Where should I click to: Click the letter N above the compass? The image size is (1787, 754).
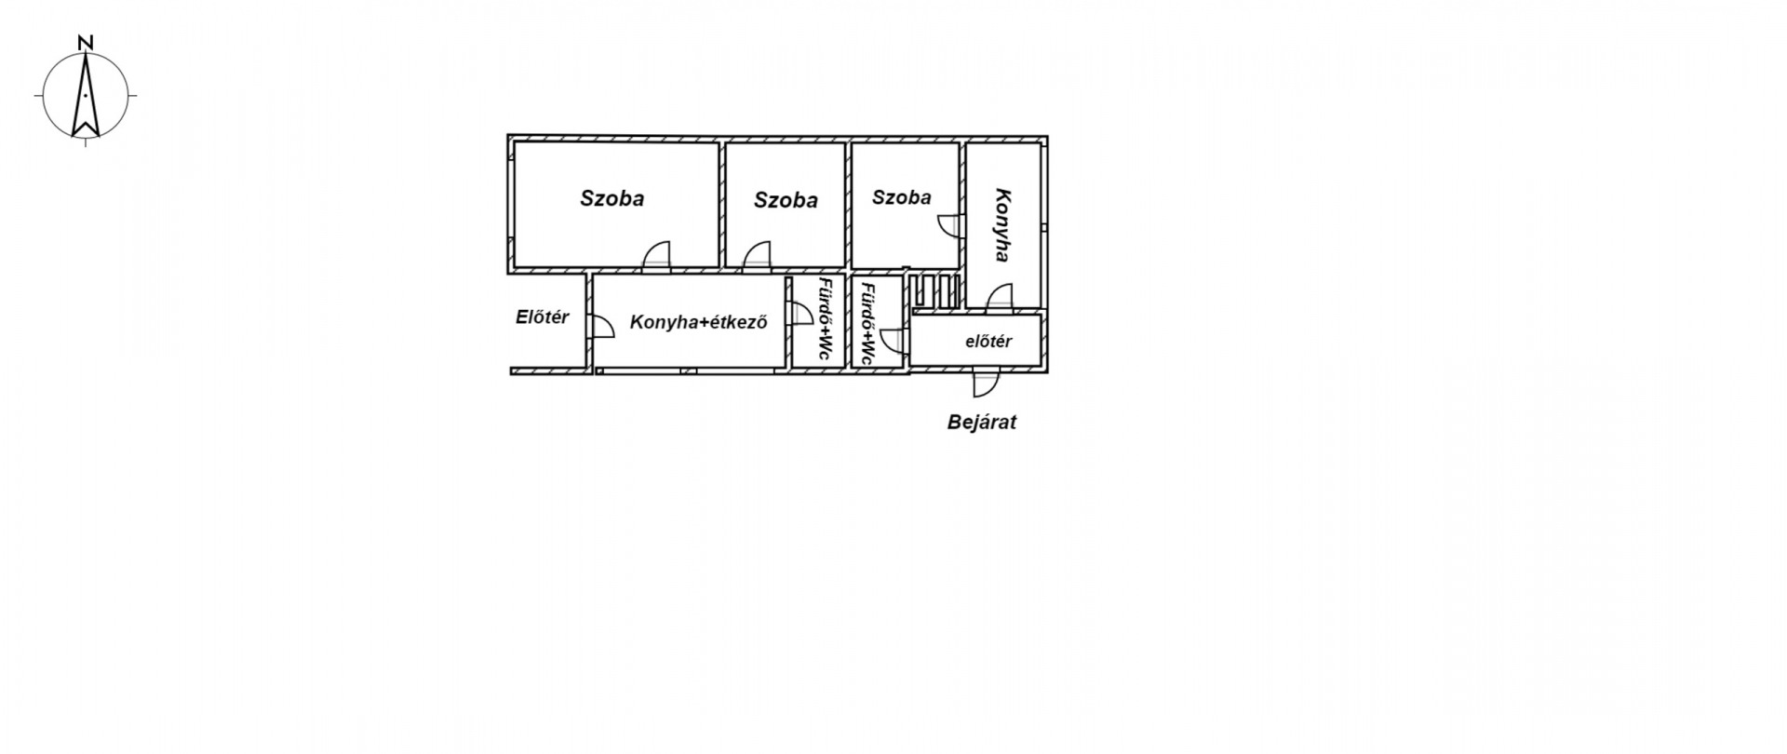86,42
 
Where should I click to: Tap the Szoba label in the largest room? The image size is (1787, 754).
611,198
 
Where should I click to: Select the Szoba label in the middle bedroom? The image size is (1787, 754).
786,200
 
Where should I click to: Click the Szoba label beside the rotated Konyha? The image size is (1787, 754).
901,197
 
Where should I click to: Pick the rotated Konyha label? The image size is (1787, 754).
1002,225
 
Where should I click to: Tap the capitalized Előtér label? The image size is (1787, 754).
542,316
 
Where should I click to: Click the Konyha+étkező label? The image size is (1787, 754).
698,323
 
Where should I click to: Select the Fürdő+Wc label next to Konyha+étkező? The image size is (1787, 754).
825,319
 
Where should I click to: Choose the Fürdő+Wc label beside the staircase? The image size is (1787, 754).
867,323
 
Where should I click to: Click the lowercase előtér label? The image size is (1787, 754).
988,342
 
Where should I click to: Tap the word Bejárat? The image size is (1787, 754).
982,422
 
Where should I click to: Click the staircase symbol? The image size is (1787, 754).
935,289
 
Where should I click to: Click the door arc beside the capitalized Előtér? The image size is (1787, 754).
601,326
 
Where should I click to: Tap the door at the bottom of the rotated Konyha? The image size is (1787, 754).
1000,297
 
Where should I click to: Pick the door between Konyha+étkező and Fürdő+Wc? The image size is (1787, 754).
799,314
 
